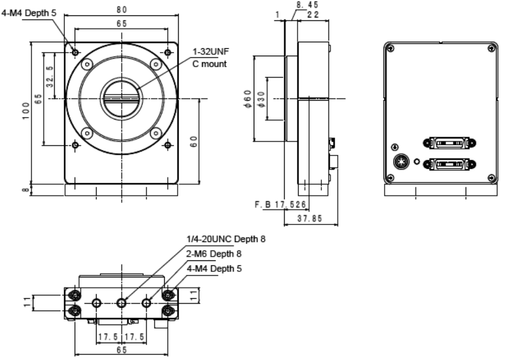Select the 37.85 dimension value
(x=310, y=219)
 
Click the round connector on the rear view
(x=402, y=162)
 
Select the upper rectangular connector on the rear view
(x=451, y=143)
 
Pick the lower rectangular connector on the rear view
(x=451, y=163)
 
